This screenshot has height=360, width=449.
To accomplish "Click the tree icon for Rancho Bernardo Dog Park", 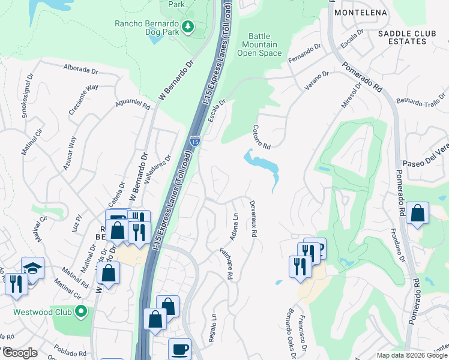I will (x=188, y=26).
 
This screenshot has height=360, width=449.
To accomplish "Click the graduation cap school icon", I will (x=32, y=268).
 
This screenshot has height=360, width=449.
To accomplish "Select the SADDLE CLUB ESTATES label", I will (x=402, y=37).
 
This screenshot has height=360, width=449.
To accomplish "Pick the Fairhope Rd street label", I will (x=226, y=264).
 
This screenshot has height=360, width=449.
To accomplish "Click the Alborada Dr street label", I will (x=80, y=68).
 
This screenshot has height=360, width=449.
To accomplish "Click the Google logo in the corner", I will (x=20, y=353).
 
